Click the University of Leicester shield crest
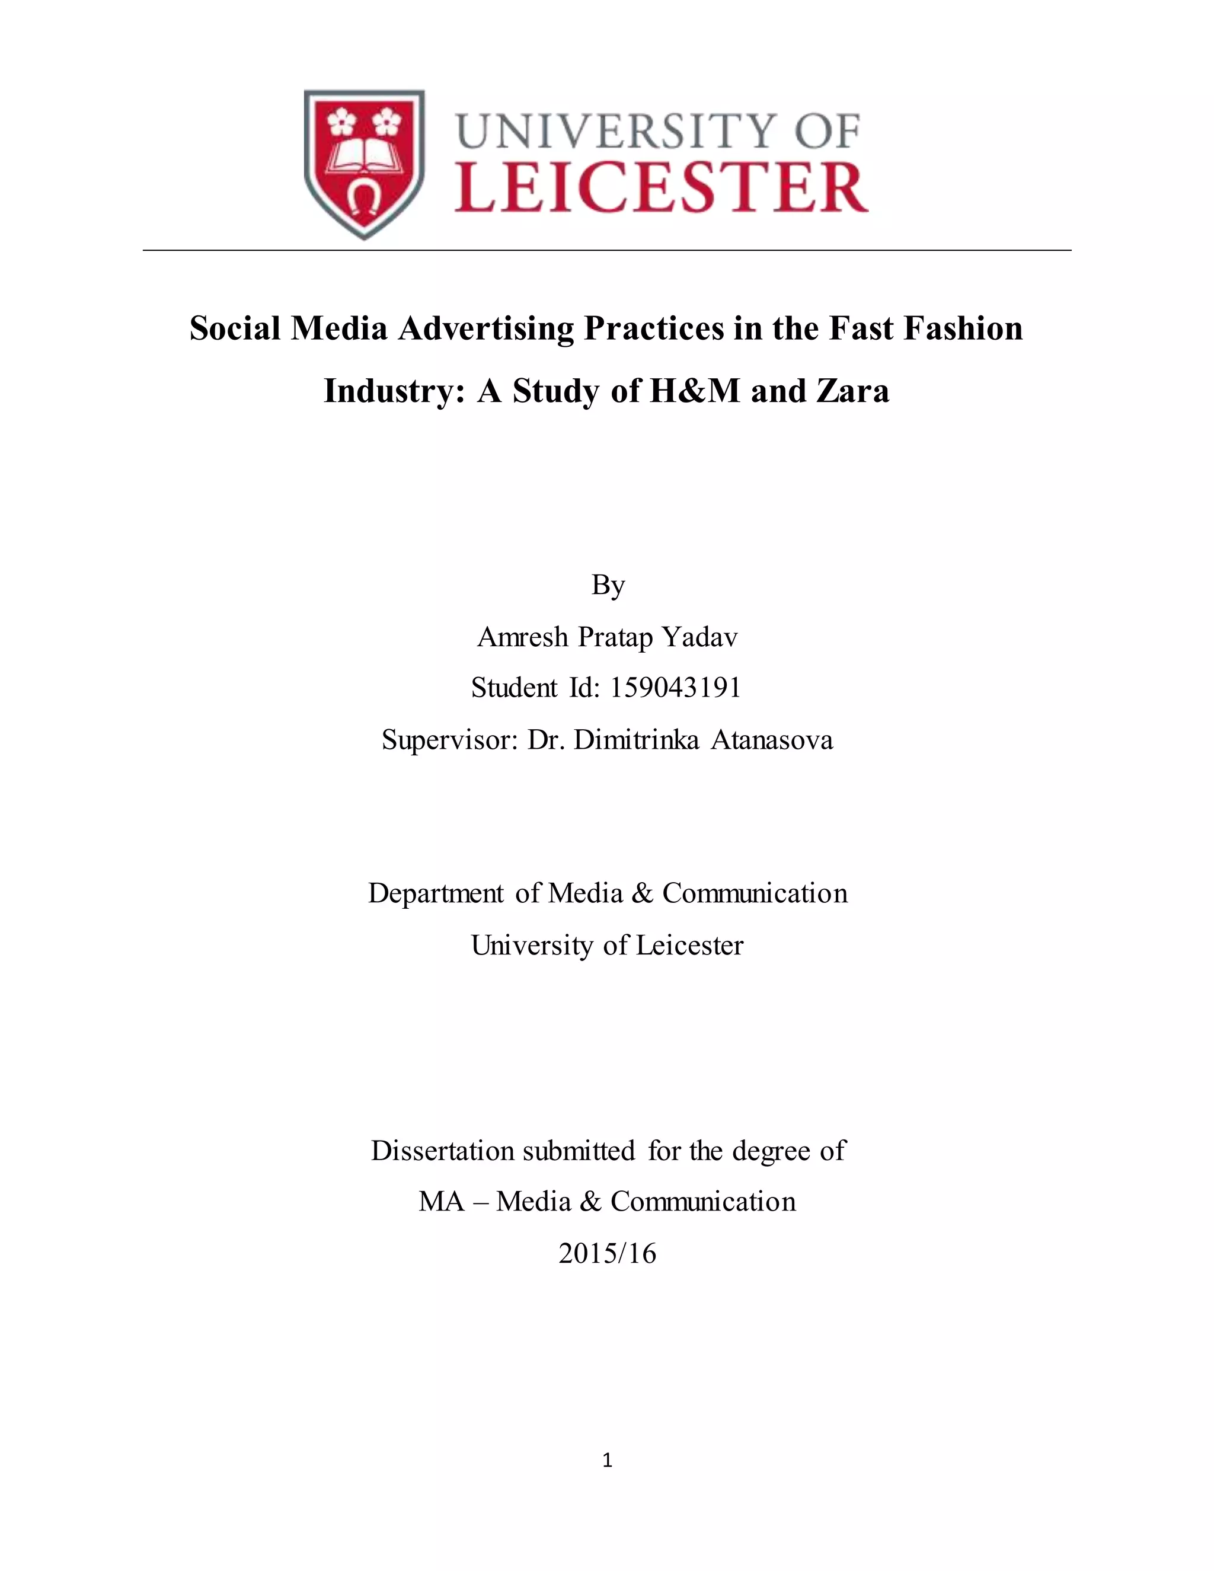(365, 164)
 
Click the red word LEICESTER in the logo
(661, 188)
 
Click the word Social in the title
(235, 329)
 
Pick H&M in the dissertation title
(694, 391)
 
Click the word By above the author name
(608, 586)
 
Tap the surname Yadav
(699, 637)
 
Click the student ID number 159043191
(675, 688)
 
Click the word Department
(436, 893)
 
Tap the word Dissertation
(443, 1151)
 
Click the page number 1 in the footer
(608, 1460)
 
